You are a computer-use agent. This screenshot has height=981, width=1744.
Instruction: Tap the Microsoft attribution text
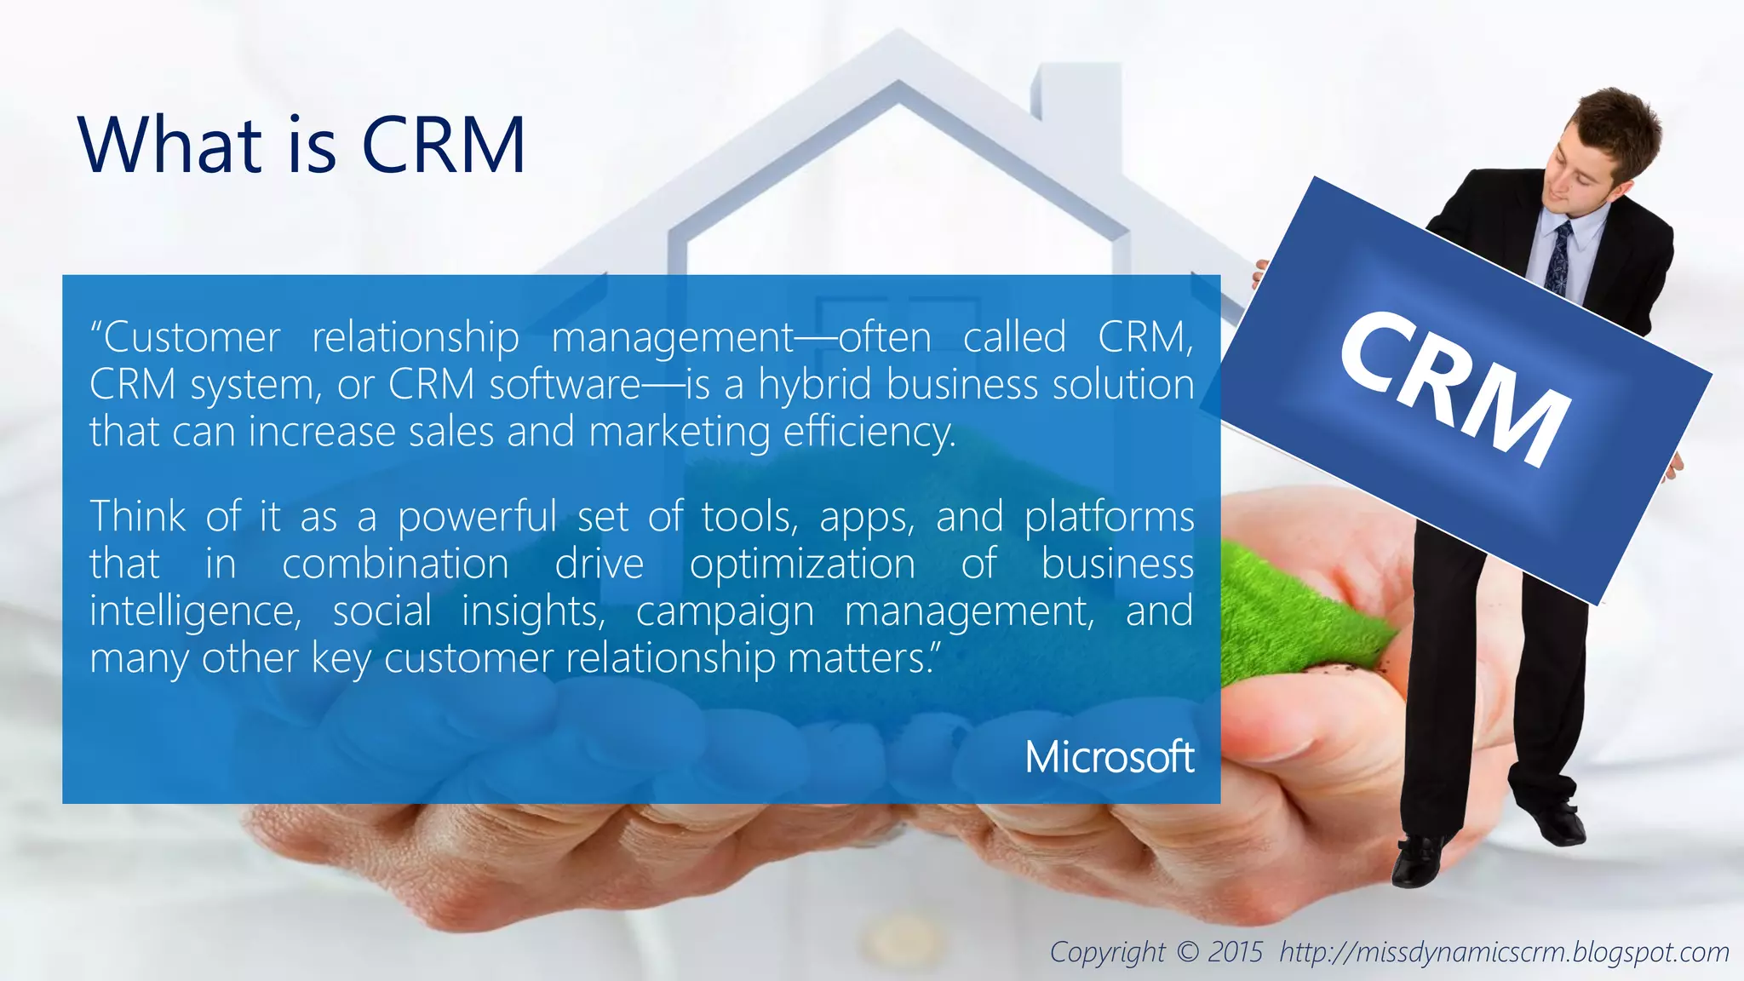point(1109,757)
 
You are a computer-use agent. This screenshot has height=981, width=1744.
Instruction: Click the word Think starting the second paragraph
point(138,517)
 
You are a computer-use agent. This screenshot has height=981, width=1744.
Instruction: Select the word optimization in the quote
point(802,565)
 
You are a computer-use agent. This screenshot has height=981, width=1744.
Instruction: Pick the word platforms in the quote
point(1109,518)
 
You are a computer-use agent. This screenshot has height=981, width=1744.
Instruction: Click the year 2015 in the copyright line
point(1235,952)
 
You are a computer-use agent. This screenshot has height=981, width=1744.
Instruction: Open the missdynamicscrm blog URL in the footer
point(1504,952)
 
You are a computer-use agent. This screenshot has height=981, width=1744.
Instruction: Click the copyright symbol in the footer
point(1187,952)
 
